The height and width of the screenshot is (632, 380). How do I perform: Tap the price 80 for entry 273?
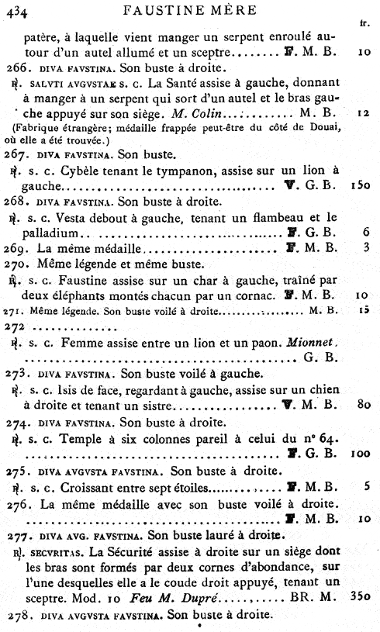tap(363, 405)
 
